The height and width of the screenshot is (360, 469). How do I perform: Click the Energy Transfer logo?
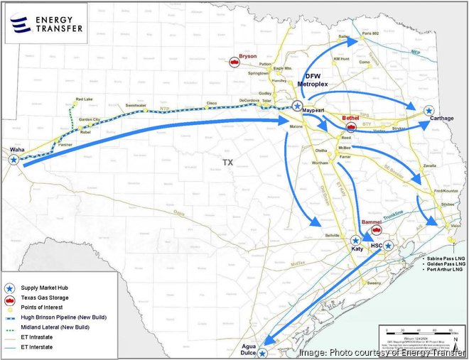pos(45,23)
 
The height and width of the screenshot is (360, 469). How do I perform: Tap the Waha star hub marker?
pos(14,160)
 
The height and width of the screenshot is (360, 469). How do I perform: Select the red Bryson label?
pos(248,55)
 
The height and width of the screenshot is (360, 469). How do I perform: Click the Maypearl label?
pos(313,112)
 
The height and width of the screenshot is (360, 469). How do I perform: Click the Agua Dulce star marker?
pos(264,353)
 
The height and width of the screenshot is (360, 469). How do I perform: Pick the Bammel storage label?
pos(372,222)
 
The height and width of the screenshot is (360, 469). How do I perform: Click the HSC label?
pos(377,246)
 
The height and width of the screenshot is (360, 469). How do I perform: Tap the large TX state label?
pos(227,163)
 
